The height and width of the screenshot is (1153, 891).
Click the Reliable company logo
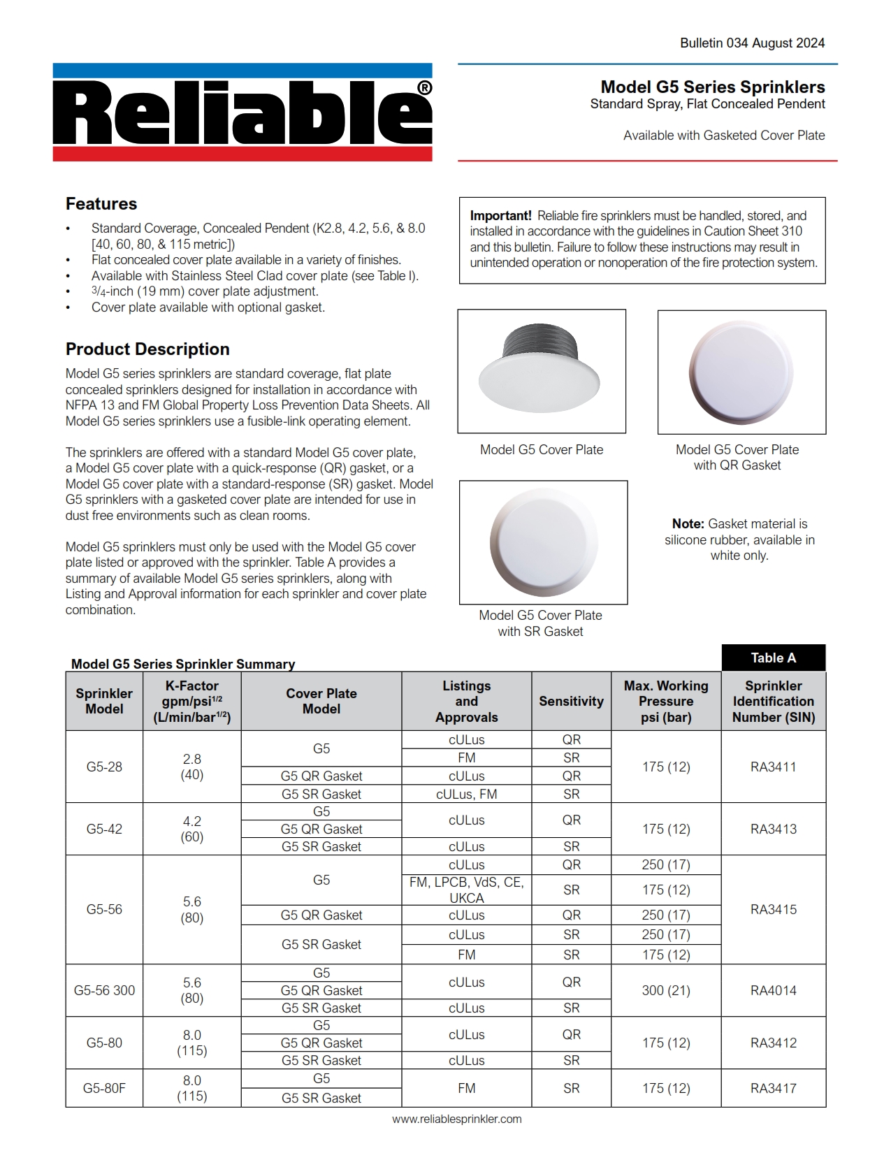[x=242, y=113]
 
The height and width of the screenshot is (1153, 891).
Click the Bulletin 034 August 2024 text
[x=752, y=43]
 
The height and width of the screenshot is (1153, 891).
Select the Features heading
[x=101, y=204]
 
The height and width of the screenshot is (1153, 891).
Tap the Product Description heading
[x=147, y=349]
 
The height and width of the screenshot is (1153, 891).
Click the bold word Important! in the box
[x=500, y=216]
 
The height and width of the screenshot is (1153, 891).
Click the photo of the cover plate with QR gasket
[x=741, y=372]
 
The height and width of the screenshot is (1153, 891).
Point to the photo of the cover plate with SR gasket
[x=543, y=542]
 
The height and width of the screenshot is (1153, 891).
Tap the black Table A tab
[x=773, y=658]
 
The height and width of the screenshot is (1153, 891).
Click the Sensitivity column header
[x=571, y=702]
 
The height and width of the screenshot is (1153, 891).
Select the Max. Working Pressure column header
[x=666, y=702]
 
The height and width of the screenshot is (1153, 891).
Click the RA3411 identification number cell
[x=773, y=767]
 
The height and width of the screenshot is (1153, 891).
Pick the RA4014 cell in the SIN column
[x=773, y=990]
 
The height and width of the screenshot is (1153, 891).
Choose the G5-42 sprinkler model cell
[x=104, y=829]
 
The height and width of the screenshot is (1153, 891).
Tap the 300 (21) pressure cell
[x=666, y=990]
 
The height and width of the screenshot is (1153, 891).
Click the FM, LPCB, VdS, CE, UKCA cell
[x=466, y=890]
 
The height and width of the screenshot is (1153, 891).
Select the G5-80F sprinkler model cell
[x=104, y=1088]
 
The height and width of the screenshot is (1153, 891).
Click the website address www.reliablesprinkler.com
[x=456, y=1119]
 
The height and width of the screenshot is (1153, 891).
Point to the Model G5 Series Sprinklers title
[x=712, y=87]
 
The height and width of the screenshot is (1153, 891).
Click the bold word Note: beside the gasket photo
[x=688, y=524]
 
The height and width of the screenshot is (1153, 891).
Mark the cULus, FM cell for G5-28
[x=466, y=794]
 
